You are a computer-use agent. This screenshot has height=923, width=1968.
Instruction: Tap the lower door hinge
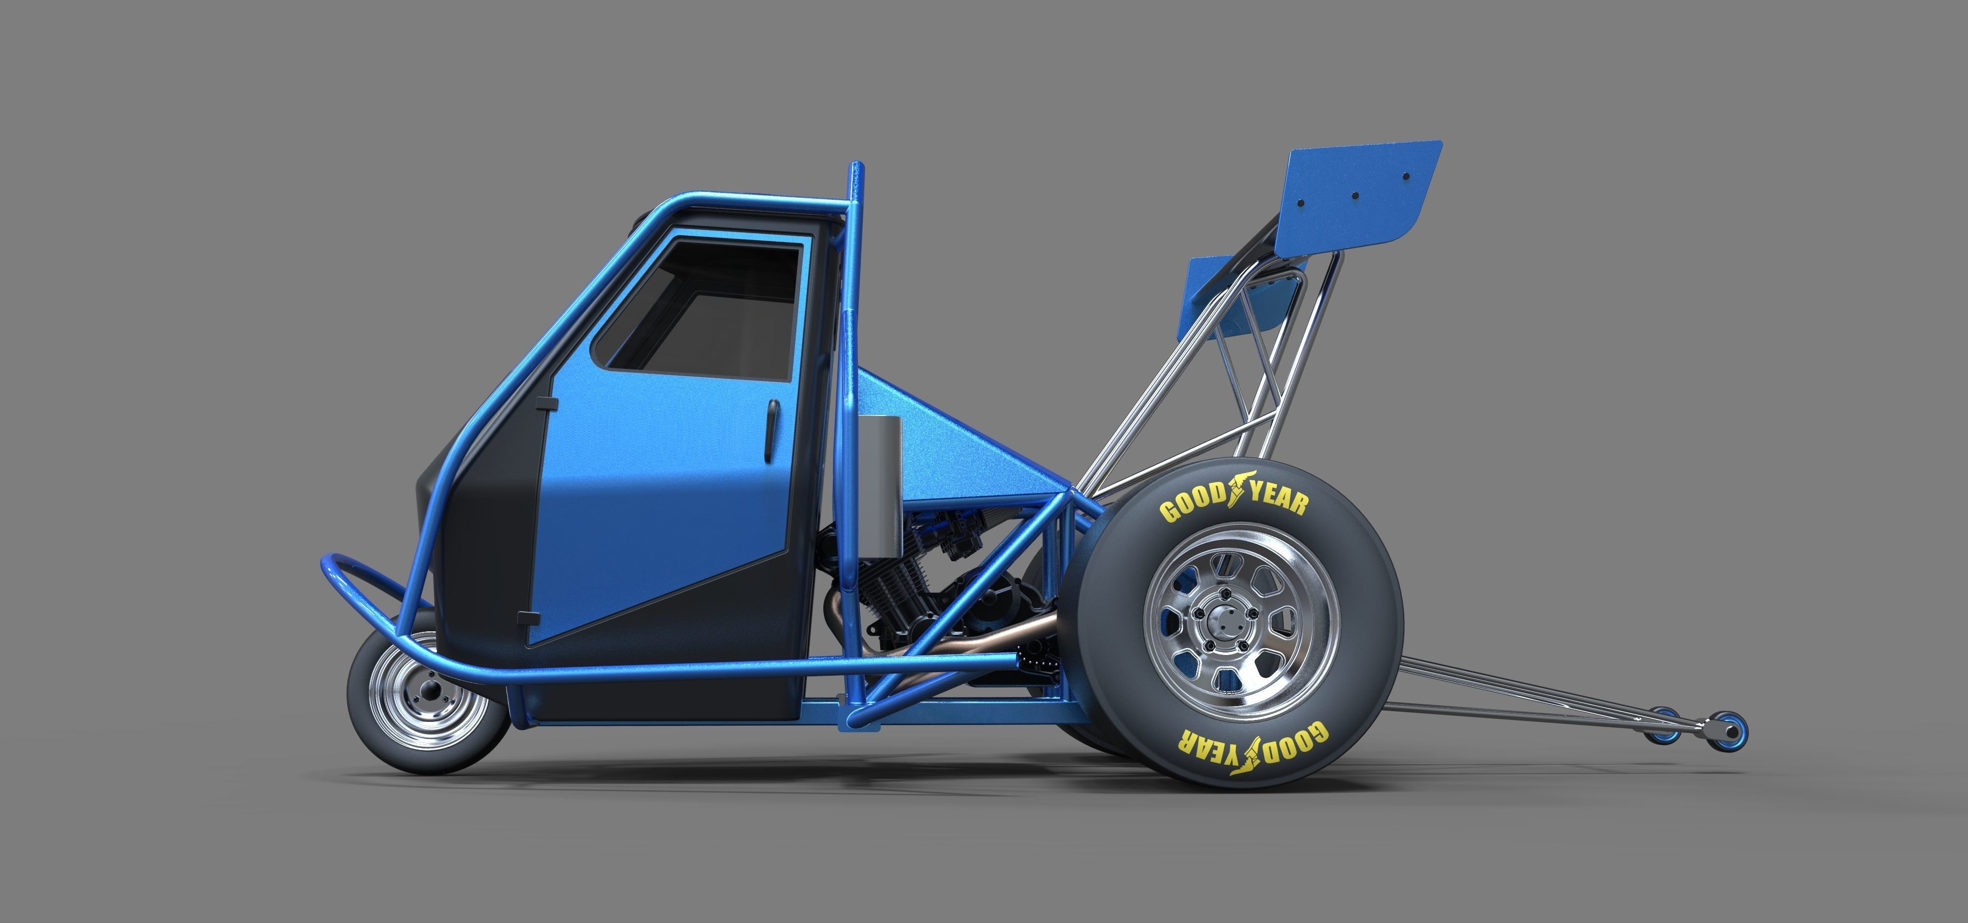tap(525, 616)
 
